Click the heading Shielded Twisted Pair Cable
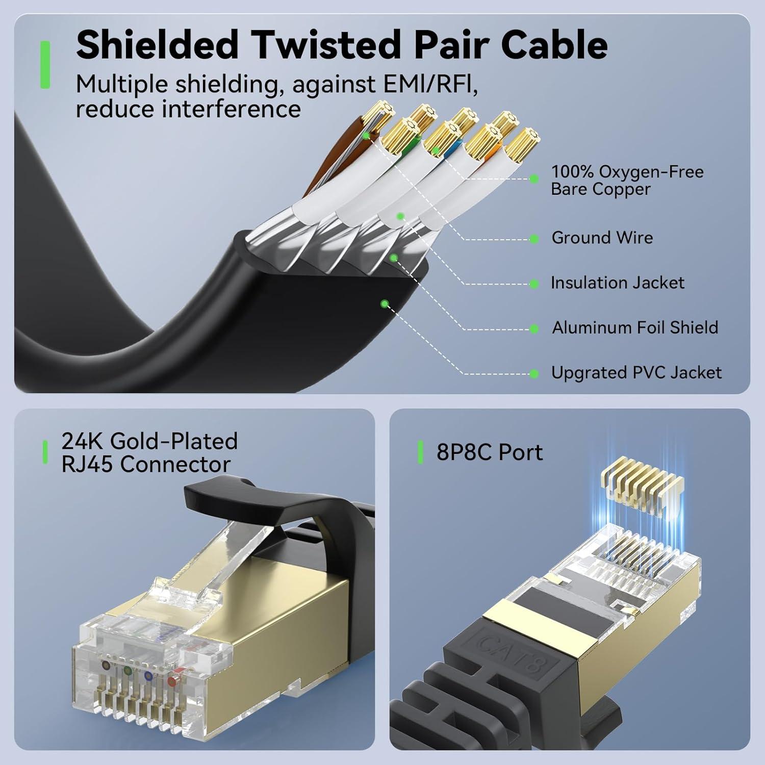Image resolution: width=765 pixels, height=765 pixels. (341, 45)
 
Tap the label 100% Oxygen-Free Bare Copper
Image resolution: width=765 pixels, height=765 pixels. (627, 180)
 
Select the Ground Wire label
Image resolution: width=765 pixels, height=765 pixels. (602, 238)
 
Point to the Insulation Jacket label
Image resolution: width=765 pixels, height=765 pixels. (617, 283)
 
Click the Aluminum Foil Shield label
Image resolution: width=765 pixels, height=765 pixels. (635, 327)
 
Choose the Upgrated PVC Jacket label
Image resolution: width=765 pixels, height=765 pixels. (636, 373)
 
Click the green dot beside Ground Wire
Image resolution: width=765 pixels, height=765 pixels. (534, 239)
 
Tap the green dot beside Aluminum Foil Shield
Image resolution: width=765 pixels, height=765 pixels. (534, 329)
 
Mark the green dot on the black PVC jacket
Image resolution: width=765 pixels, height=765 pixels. (385, 304)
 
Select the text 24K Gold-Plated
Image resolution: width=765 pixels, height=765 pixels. (149, 441)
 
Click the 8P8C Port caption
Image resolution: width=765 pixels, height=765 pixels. (489, 452)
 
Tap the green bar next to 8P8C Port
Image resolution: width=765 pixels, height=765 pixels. (420, 452)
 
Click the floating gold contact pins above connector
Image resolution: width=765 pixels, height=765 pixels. (642, 485)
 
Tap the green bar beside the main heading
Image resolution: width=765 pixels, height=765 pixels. (45, 65)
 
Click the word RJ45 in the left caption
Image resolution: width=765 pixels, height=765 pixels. (87, 465)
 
